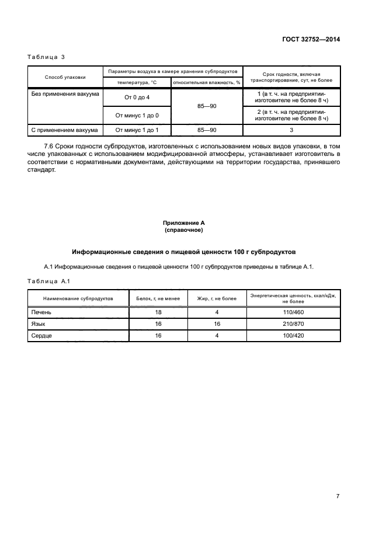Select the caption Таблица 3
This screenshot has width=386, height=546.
click(x=46, y=57)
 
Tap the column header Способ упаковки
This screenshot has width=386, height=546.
click(x=65, y=76)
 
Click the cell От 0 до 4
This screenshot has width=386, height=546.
click(x=137, y=97)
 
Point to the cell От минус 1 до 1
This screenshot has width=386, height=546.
click(x=137, y=130)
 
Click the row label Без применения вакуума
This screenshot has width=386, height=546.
click(x=65, y=93)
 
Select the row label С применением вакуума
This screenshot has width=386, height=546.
click(x=65, y=130)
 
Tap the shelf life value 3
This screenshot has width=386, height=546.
click(x=291, y=130)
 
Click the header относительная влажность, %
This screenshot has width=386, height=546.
click(x=207, y=82)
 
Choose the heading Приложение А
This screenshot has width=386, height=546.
click(x=183, y=223)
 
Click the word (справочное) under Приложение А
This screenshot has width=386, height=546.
click(x=183, y=230)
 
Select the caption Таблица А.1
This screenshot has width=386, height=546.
click(x=49, y=281)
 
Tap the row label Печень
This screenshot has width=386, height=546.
click(x=41, y=312)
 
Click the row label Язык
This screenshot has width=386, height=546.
click(x=39, y=324)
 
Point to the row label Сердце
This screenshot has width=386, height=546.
click(x=42, y=335)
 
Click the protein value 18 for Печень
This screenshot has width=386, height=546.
click(x=158, y=312)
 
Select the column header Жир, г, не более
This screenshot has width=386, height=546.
click(x=217, y=298)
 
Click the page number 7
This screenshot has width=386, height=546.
click(x=338, y=496)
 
